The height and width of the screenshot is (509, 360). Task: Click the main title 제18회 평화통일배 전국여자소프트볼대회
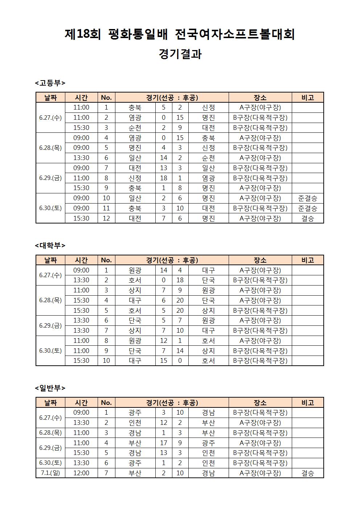180,34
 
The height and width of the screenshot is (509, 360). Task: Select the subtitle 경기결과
180,54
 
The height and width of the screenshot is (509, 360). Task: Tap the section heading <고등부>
50,83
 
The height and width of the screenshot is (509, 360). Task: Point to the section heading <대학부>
50,245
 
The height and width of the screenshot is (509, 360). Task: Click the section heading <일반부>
50,388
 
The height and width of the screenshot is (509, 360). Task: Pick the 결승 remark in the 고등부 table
307,218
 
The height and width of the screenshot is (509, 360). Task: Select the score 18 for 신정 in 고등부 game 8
164,178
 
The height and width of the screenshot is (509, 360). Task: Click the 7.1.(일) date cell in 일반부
50,473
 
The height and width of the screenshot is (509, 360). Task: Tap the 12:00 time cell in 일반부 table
81,473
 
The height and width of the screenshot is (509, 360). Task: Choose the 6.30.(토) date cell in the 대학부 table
50,351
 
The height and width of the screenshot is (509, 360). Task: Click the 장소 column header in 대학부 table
260,260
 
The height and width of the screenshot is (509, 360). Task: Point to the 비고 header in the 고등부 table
307,97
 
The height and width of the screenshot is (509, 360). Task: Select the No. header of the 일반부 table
106,403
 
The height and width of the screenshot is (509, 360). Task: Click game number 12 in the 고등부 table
106,218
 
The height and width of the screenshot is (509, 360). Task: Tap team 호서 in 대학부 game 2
135,280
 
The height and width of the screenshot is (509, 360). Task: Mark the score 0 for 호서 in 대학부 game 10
180,361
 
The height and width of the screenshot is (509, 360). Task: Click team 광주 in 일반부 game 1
135,412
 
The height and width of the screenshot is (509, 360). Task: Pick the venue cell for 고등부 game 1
260,107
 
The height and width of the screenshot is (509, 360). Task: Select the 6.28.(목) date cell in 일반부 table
50,433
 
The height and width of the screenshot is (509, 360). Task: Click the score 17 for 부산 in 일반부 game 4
164,443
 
